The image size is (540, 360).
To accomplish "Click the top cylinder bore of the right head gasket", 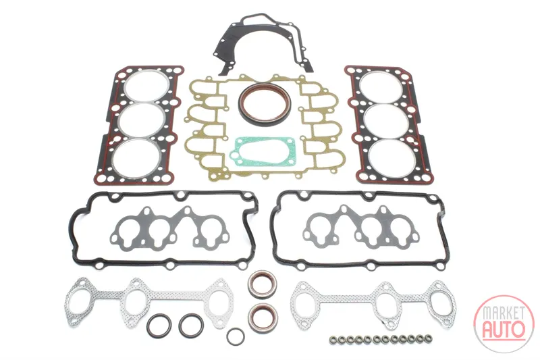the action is point(381,87).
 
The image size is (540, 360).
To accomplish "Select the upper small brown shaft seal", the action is point(263,284).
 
